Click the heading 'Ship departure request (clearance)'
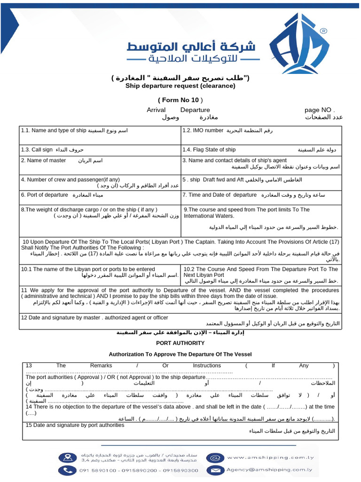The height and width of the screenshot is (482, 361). [180, 86]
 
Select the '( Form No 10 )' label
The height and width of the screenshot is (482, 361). [180, 100]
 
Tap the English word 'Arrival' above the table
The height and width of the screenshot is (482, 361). [156, 110]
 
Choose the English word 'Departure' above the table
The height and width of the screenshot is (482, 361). [195, 110]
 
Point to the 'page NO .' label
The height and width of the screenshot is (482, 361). [320, 110]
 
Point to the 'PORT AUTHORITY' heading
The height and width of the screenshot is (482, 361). [180, 344]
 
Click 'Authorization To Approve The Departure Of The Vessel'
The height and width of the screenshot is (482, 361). [180, 354]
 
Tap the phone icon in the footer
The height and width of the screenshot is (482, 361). [65, 470]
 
